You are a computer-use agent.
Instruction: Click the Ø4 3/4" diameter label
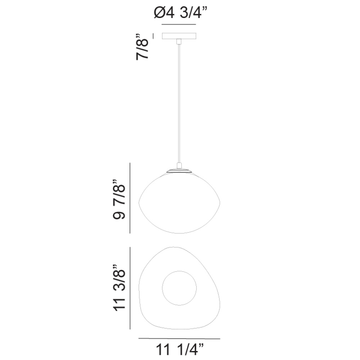(x=181, y=13)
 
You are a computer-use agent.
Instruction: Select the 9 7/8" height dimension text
(x=119, y=199)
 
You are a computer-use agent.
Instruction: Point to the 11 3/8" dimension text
(x=119, y=288)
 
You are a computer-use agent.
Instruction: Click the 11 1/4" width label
(x=180, y=350)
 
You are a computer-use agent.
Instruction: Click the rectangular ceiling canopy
(x=179, y=36)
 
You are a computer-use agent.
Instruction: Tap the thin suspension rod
(x=179, y=103)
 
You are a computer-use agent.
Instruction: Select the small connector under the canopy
(x=179, y=41)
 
